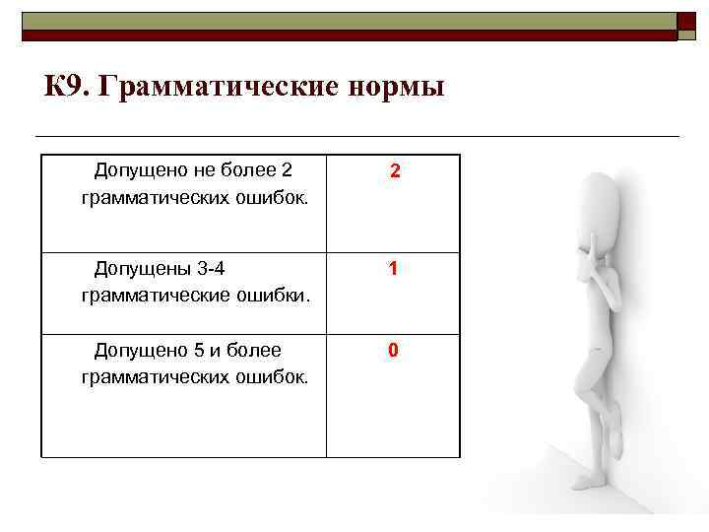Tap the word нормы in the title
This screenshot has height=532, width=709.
point(397,88)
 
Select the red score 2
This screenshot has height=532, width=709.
point(394,171)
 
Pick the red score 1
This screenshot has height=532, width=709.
point(393,268)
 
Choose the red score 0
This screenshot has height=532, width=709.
point(393,351)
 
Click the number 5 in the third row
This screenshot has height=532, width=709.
point(189,350)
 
